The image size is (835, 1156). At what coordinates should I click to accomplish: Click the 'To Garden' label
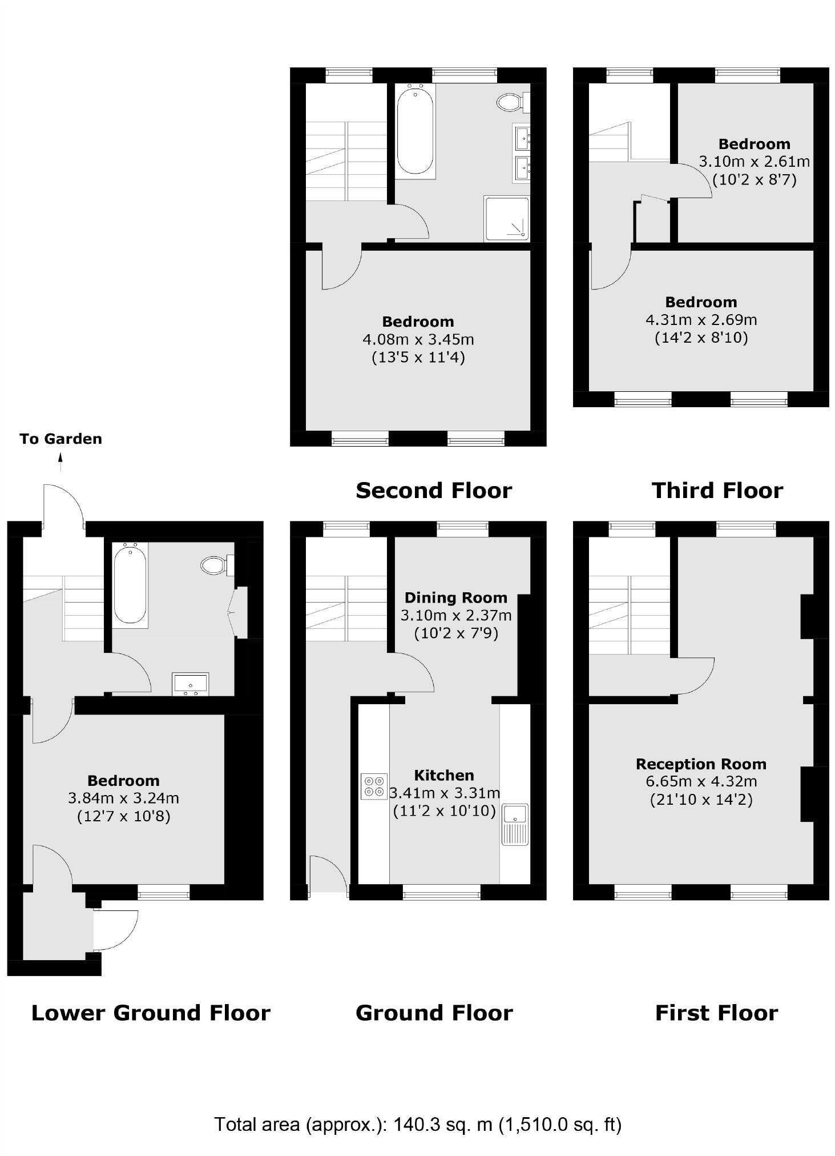click(x=60, y=439)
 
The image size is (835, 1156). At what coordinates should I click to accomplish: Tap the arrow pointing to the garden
click(x=60, y=461)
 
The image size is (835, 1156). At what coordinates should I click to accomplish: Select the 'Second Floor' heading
click(x=434, y=491)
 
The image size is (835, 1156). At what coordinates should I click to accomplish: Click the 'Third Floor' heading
click(x=717, y=491)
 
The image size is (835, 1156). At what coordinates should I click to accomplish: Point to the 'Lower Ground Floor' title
click(x=151, y=1013)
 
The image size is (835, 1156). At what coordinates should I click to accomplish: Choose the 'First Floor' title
click(x=716, y=1013)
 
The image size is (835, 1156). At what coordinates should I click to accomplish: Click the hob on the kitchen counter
click(x=374, y=786)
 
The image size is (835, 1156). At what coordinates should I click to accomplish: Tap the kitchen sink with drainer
click(x=515, y=824)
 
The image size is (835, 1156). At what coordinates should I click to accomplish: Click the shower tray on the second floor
click(x=507, y=219)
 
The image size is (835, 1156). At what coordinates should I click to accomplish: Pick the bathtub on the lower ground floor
click(x=130, y=584)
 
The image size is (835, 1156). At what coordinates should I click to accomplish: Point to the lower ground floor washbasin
click(x=191, y=684)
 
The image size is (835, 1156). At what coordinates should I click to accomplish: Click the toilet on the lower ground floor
click(x=215, y=565)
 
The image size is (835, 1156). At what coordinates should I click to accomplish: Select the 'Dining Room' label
click(x=455, y=597)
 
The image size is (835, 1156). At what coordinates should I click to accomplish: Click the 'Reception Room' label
click(x=701, y=764)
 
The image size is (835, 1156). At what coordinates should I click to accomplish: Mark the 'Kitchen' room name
click(x=444, y=775)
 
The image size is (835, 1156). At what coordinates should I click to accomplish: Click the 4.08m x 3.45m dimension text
click(x=418, y=339)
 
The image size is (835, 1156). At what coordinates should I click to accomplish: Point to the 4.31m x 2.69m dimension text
click(x=701, y=320)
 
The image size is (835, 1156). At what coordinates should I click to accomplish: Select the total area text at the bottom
click(x=417, y=1124)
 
